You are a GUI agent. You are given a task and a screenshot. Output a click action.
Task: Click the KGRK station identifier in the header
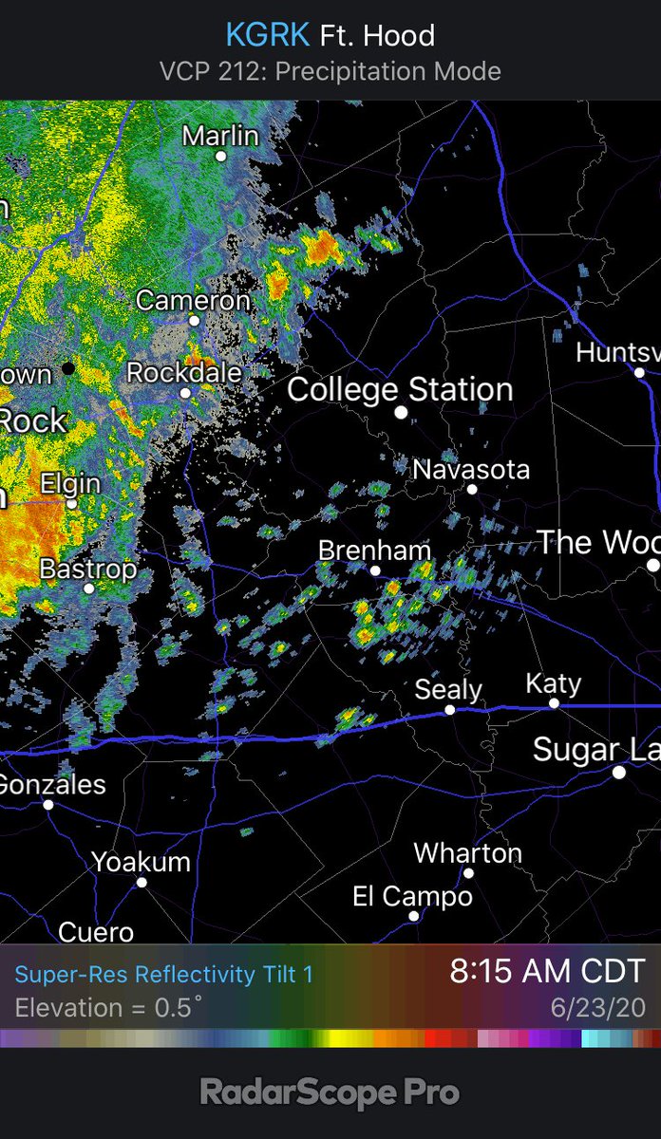(x=267, y=36)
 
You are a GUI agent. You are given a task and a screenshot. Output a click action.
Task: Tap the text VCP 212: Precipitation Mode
(x=330, y=71)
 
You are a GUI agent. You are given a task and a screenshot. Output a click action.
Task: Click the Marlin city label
(x=220, y=136)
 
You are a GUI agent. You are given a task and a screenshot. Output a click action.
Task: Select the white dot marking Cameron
(x=195, y=321)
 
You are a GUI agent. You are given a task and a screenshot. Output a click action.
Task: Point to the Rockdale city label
(x=184, y=373)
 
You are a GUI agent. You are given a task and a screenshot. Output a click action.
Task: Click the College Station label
(x=400, y=389)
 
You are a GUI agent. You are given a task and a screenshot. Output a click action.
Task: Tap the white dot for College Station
(x=401, y=414)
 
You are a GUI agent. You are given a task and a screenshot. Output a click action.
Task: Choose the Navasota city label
(x=471, y=469)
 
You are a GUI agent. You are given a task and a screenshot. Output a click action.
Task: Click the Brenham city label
(x=374, y=551)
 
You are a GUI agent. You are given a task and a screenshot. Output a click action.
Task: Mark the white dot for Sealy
(x=450, y=710)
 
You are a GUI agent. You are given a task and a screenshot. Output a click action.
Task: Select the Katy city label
(x=553, y=684)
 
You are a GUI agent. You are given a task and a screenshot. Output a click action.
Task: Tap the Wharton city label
(x=467, y=853)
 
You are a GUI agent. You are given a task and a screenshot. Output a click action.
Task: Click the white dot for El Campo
(x=414, y=916)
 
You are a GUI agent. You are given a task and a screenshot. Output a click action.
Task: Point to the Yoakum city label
(x=141, y=862)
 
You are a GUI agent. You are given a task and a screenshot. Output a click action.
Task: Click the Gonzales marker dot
(x=48, y=805)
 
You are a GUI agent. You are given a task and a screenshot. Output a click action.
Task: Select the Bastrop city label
(x=88, y=569)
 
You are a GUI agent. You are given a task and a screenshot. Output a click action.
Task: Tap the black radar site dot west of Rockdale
(x=67, y=366)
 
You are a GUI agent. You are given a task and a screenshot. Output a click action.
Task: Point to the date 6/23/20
(x=597, y=1007)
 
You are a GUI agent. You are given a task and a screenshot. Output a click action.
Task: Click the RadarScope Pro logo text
(x=330, y=1092)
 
